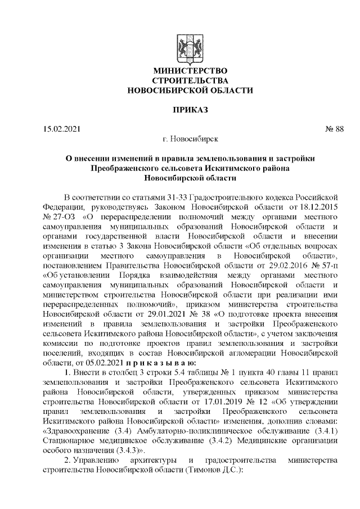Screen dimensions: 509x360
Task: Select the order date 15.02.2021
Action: pyautogui.click(x=62, y=129)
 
